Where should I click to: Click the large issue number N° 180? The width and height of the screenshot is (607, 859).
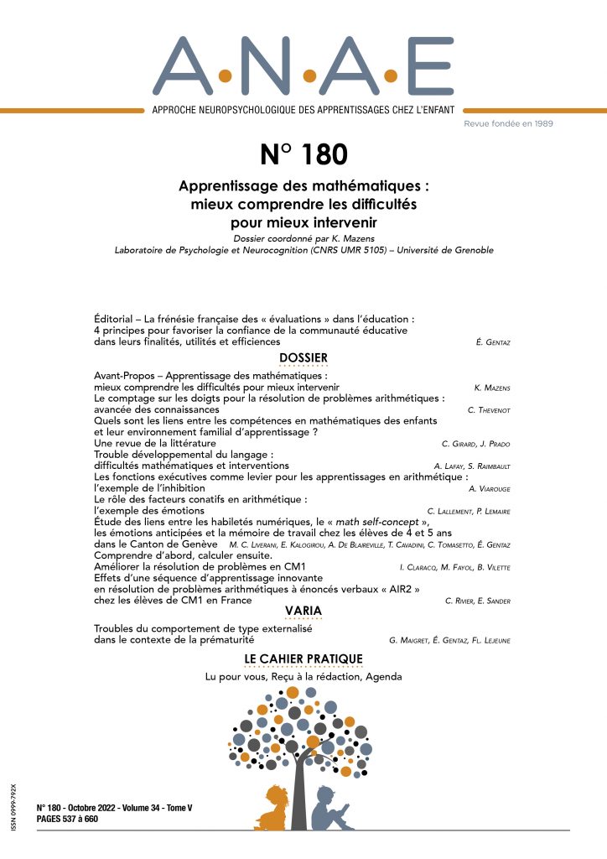(303, 156)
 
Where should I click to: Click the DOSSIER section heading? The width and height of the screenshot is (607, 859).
(303, 358)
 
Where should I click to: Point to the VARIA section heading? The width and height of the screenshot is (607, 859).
(303, 610)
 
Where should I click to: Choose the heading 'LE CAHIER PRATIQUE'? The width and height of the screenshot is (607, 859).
(303, 659)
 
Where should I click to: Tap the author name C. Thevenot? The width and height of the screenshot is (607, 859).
(494, 410)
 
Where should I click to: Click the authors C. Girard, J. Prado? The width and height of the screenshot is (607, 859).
(480, 443)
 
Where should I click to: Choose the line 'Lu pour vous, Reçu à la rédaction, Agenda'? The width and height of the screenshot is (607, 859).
(303, 677)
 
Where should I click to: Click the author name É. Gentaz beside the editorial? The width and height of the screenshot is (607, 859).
(495, 343)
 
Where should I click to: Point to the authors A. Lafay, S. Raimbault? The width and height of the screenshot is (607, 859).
(471, 465)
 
